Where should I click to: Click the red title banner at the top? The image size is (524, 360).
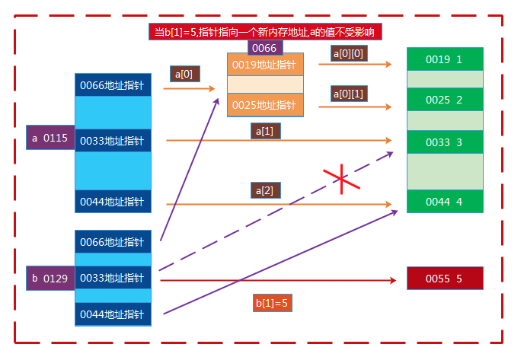[264, 31]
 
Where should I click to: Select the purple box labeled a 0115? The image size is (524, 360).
[50, 138]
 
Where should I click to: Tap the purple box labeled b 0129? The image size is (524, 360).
[50, 279]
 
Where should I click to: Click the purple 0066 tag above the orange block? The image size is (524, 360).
[264, 47]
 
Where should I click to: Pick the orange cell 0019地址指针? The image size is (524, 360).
[264, 65]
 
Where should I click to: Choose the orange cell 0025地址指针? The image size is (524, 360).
[264, 104]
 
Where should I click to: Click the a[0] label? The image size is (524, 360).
[184, 74]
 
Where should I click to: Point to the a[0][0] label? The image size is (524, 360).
[348, 53]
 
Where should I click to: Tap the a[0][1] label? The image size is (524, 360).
[348, 94]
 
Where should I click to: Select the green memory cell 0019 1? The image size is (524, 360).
[445, 59]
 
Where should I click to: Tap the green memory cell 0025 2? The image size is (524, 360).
[445, 100]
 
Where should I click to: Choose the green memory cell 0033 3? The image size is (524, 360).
[445, 142]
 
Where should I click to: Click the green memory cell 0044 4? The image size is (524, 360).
[445, 201]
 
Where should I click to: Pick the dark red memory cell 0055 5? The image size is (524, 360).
[445, 279]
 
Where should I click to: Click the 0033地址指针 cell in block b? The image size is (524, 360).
[113, 278]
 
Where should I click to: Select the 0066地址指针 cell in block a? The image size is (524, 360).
[113, 85]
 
